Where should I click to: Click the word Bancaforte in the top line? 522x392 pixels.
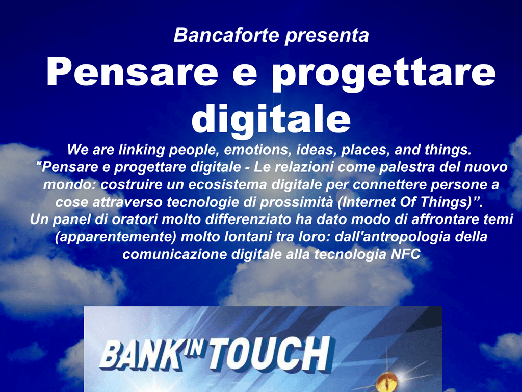226,35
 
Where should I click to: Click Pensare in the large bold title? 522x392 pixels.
132,72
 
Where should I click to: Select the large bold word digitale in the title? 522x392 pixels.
271,118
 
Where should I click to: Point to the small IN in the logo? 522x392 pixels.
196,348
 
